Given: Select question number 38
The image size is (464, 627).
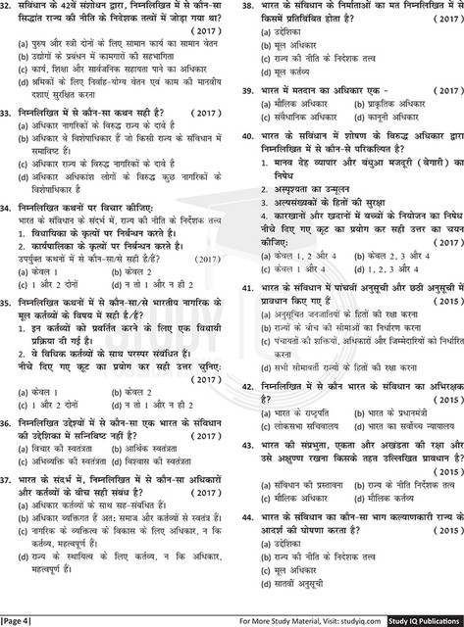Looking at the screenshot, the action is pyautogui.click(x=241, y=9).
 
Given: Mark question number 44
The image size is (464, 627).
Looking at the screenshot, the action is pyautogui.click(x=241, y=513).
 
